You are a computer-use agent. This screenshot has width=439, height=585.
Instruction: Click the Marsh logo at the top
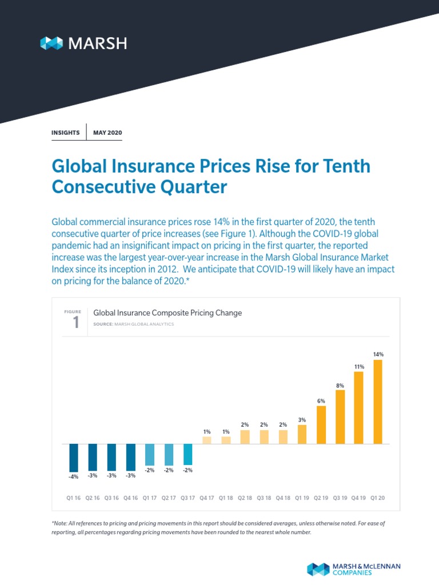tap(83, 43)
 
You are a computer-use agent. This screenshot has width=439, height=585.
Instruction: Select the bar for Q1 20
tap(378, 402)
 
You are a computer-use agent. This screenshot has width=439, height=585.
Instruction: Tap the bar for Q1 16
tap(73, 458)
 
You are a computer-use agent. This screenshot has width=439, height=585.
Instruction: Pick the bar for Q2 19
tap(321, 424)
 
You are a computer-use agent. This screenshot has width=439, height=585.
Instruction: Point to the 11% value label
tap(359, 366)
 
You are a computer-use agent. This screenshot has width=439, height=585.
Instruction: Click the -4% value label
tap(73, 477)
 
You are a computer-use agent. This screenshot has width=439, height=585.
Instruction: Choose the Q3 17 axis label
tap(187, 498)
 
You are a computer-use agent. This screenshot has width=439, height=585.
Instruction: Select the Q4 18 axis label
tap(283, 498)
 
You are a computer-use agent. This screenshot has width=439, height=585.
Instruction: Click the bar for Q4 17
tap(207, 440)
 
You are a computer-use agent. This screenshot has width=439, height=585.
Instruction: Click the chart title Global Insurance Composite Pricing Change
tap(167, 313)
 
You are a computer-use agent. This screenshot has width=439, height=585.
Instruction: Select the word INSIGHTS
tap(66, 133)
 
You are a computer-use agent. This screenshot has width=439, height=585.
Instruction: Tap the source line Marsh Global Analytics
tap(133, 324)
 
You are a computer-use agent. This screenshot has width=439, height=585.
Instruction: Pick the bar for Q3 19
tap(340, 417)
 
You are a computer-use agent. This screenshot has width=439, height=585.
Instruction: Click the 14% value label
tap(378, 354)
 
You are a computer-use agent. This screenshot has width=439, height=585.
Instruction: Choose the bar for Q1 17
tap(150, 455)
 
